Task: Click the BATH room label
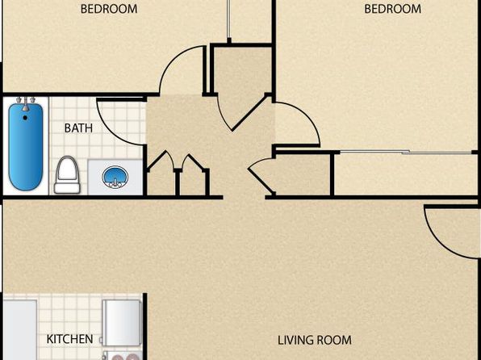click(x=78, y=128)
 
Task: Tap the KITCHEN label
click(x=69, y=339)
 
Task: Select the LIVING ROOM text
click(x=315, y=340)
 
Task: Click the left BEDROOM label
click(x=109, y=9)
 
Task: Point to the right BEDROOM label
click(x=393, y=9)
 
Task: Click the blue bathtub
click(x=26, y=147)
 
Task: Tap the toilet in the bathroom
click(x=67, y=175)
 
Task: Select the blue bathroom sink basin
click(x=115, y=177)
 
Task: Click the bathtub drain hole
click(x=25, y=118)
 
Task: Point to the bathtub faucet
click(x=26, y=103)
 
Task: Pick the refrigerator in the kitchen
click(x=122, y=323)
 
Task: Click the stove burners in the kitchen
click(x=123, y=356)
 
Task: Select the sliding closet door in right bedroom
click(x=407, y=152)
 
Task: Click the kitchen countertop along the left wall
click(x=20, y=330)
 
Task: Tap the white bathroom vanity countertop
click(x=115, y=177)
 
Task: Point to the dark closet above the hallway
click(x=242, y=71)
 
